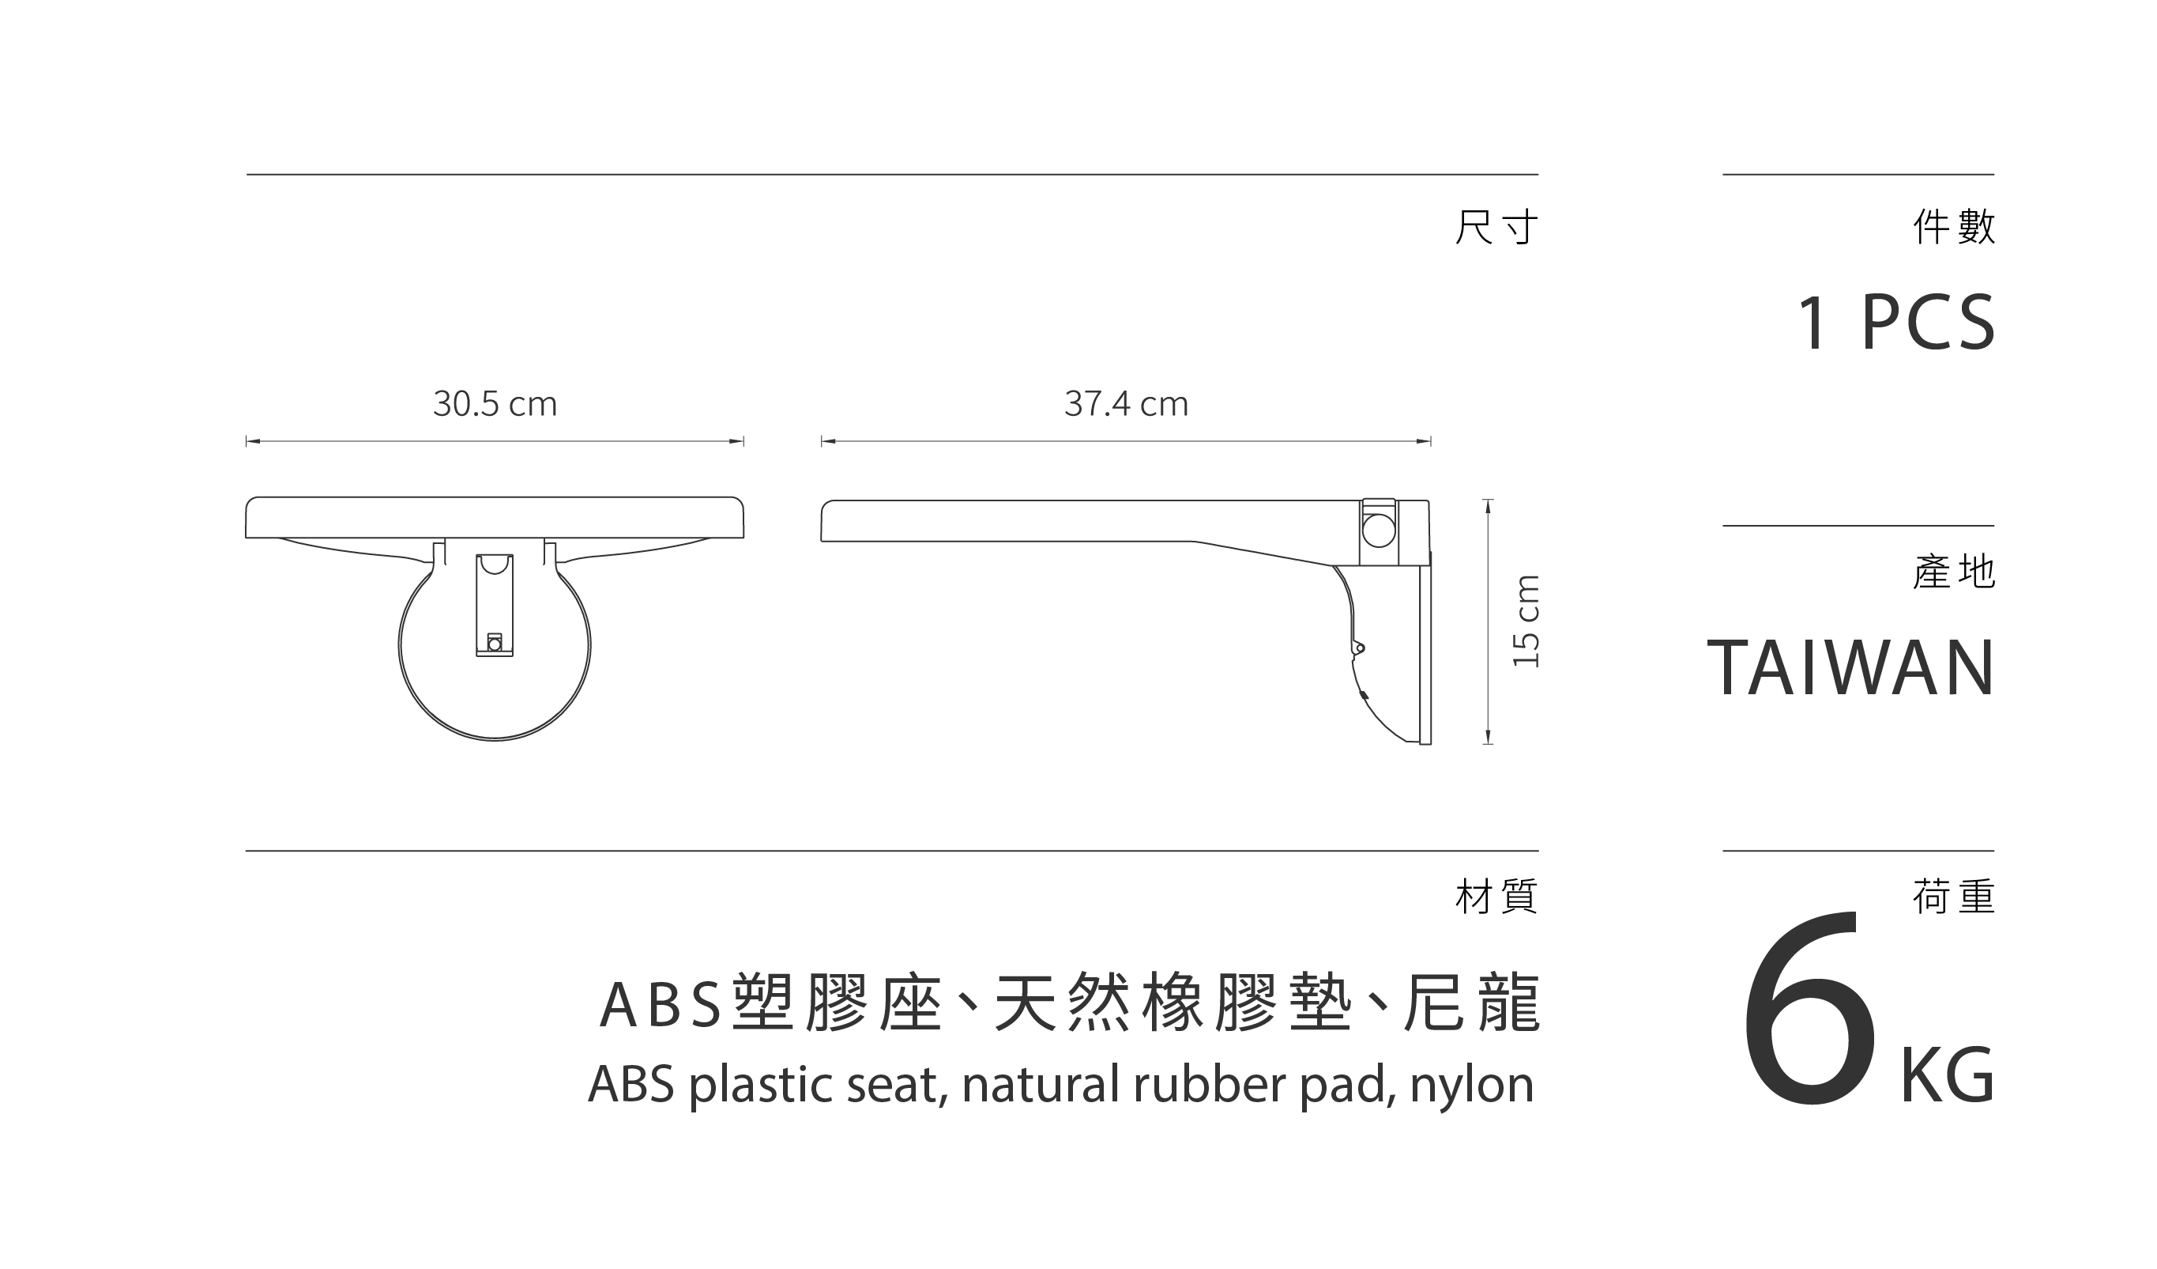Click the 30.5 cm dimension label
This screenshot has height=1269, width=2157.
coord(495,404)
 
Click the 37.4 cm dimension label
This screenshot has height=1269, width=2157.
coord(1126,404)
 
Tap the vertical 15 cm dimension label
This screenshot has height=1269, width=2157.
coord(1526,621)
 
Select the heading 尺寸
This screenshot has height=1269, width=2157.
coord(1496,227)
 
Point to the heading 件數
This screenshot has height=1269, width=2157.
coord(1954,227)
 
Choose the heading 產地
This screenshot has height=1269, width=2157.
coord(1954,572)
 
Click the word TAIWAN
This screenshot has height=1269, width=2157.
coord(1851,669)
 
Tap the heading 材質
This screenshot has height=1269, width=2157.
coord(1496,897)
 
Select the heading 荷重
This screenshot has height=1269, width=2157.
coord(1954,897)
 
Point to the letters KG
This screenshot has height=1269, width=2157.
coord(1947,1076)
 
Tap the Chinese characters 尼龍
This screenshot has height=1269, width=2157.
coord(1470,1003)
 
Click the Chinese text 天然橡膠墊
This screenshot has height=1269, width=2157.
coord(1173,1003)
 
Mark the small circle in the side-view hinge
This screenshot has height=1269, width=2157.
coord(1378,531)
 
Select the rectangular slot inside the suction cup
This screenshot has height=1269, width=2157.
coord(495,605)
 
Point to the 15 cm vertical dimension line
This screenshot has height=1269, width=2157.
coord(1488,621)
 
